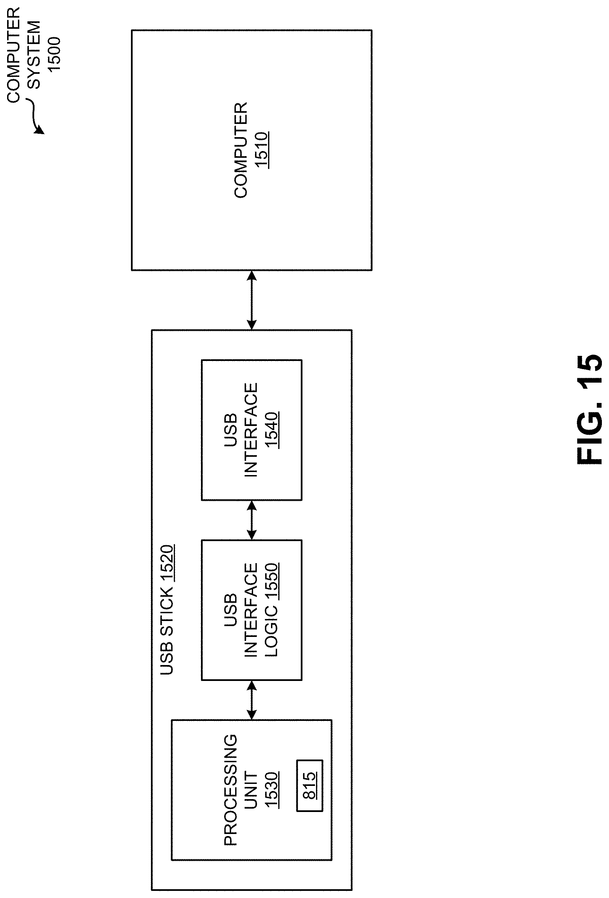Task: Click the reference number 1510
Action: coord(262,150)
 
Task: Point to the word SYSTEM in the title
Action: coord(34,55)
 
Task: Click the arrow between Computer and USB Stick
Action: coord(251,300)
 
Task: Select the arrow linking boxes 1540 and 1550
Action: coord(251,520)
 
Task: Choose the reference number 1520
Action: coord(167,563)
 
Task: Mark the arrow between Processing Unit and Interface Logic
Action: coord(251,700)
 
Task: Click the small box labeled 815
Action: coord(310,785)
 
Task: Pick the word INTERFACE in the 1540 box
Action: coord(251,430)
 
